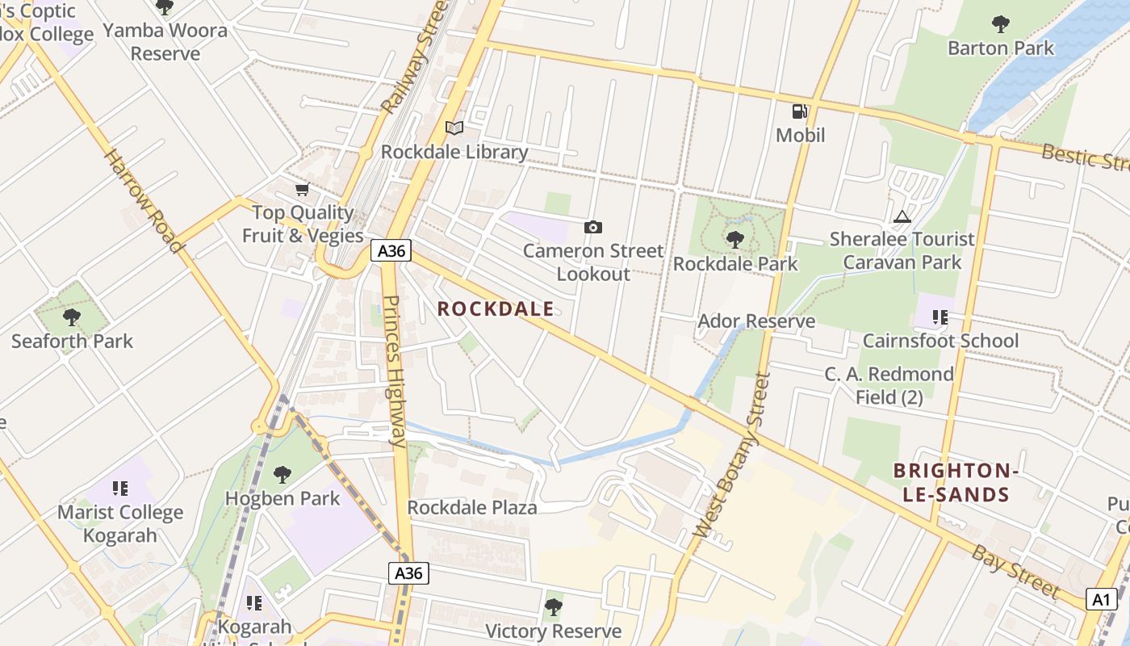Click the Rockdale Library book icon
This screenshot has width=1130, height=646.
pos(454,128)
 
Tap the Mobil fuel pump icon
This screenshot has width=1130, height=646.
pos(800,111)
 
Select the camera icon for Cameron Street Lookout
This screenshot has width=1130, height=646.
pos(593,228)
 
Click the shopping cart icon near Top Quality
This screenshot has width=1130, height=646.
pos(302,190)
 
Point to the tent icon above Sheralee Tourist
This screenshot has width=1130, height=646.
pos(902,216)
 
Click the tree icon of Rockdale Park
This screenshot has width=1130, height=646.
pos(734,240)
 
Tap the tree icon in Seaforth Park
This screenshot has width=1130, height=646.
pos(72,317)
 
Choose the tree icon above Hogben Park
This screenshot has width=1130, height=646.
pos(282,475)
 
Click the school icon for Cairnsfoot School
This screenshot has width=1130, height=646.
pos(940,317)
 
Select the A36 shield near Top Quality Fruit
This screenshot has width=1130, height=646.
pos(391,250)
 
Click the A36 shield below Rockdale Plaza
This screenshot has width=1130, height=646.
pos(408,573)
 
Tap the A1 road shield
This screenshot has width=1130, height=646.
pos(1103,599)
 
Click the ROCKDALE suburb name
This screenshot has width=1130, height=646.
pos(496,308)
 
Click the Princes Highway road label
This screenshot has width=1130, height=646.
pos(395,371)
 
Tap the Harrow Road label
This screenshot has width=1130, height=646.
pos(142,201)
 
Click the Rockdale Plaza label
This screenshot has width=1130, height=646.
pos(472,508)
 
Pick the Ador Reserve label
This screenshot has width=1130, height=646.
pos(756,321)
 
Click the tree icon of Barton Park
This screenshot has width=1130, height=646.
pos(1001,24)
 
